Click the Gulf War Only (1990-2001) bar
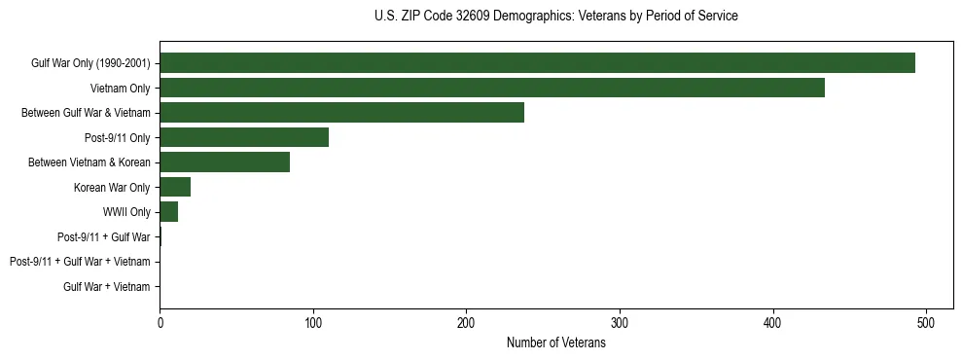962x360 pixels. [x=537, y=63]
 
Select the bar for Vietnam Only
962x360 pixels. [x=492, y=88]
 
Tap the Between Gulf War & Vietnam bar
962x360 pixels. [x=341, y=113]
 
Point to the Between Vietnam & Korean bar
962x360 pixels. [x=225, y=162]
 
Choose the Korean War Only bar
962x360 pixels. [x=175, y=187]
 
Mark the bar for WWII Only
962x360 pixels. [x=169, y=212]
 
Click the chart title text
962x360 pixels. [x=555, y=17]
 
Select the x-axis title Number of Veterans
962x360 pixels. [x=555, y=343]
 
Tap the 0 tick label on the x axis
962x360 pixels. [x=160, y=322]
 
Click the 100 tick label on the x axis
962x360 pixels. [x=313, y=322]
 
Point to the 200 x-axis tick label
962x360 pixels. [x=466, y=322]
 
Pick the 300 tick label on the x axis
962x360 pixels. [x=620, y=322]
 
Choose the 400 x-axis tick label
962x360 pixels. [x=773, y=322]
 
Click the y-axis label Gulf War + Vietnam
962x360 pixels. [x=107, y=287]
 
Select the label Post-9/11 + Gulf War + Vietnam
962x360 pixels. [x=80, y=262]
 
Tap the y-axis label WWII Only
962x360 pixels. [x=126, y=212]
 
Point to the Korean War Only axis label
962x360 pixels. [x=112, y=187]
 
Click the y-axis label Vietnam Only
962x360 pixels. [x=120, y=89]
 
